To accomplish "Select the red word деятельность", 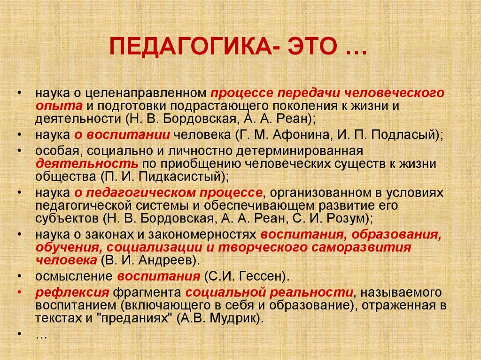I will tap(87, 164).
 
